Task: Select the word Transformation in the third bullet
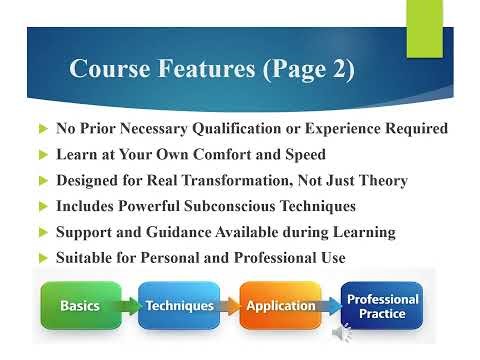(250, 180)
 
